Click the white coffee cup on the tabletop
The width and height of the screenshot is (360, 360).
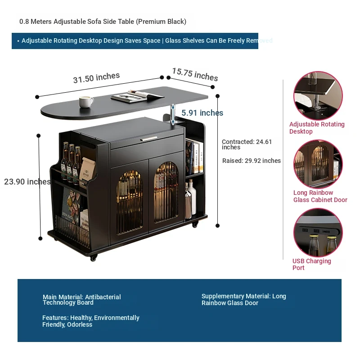(x=86, y=102)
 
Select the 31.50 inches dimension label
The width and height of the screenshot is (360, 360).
(x=96, y=77)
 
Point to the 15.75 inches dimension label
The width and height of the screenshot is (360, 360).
(x=195, y=74)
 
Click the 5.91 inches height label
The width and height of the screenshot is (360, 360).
(x=202, y=113)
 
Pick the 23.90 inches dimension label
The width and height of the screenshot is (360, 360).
(x=27, y=182)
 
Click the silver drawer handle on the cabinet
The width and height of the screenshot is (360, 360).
(x=149, y=139)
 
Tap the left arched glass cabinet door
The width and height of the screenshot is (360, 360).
(x=129, y=202)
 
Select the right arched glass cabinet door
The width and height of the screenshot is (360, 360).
(x=166, y=192)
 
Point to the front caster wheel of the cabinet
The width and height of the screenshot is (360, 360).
(x=93, y=258)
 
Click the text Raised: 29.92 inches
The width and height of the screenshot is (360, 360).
(x=252, y=161)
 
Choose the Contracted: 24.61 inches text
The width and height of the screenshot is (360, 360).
(x=247, y=144)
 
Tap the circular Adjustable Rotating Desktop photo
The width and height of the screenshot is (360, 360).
(x=318, y=95)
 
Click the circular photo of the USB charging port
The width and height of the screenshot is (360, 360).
(x=318, y=233)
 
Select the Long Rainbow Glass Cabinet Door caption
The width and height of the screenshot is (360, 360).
(x=320, y=196)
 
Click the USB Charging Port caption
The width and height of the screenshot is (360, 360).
(x=311, y=264)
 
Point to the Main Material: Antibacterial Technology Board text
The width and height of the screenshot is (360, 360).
(x=81, y=300)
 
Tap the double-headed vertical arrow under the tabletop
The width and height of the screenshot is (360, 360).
(x=173, y=114)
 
